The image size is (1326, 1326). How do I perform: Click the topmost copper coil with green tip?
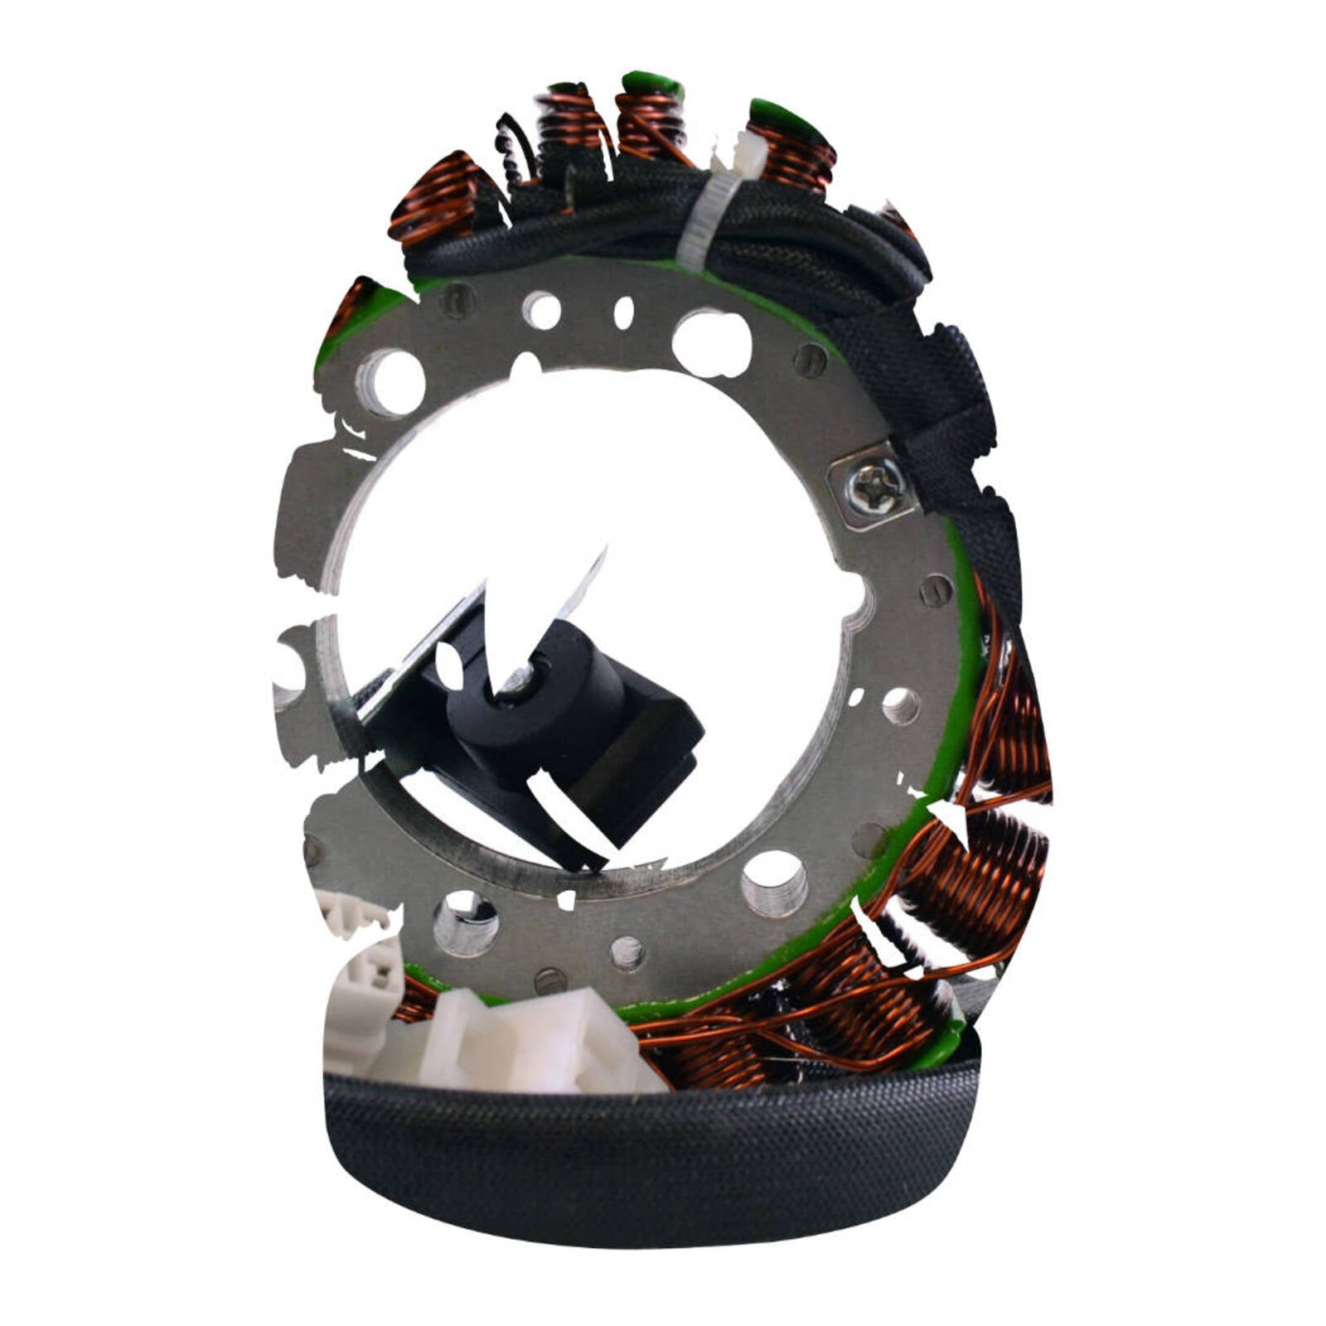(x=651, y=116)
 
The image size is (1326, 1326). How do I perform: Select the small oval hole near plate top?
(x=623, y=312)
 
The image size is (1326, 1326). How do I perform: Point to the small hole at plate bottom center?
(x=627, y=953)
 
